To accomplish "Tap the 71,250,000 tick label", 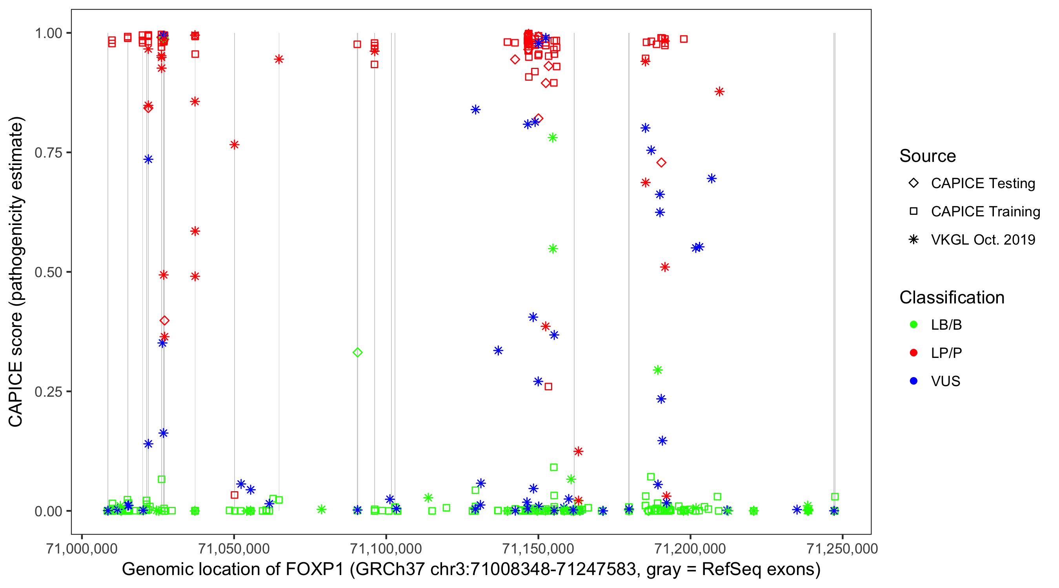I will point(842,548).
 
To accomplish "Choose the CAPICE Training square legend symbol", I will point(913,212).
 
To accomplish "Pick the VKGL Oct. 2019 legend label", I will point(983,240).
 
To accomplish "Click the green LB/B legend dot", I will point(913,325).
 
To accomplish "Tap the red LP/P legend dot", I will point(913,353).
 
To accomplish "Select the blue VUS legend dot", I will point(913,381).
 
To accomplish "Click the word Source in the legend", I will point(928,156).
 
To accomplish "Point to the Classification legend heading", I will point(952,298).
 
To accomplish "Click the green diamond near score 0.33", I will point(358,352).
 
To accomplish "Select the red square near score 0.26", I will point(548,387).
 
